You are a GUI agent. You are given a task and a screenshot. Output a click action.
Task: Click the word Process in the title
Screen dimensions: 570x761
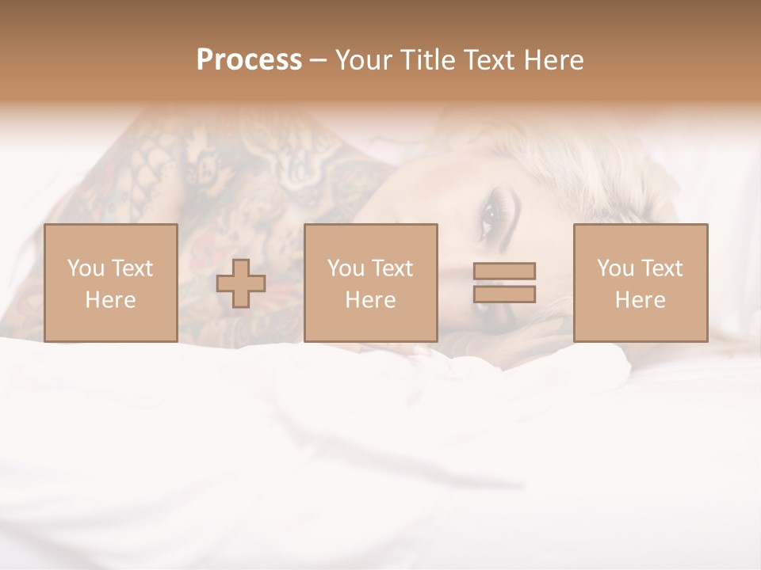(x=249, y=60)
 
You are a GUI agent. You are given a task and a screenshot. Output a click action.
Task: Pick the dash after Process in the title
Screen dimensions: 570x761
(x=318, y=61)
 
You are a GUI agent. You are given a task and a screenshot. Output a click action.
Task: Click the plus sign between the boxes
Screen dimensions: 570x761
(x=241, y=283)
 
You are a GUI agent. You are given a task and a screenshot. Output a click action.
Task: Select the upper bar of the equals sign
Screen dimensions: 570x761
(x=504, y=271)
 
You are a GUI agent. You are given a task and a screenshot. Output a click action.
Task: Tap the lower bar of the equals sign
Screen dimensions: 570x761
(x=504, y=294)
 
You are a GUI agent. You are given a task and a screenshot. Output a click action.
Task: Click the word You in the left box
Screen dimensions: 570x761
(x=86, y=268)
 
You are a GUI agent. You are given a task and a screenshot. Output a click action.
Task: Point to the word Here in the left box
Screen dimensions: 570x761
(x=110, y=300)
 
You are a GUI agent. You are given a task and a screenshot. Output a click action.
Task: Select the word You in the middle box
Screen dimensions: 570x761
(x=346, y=268)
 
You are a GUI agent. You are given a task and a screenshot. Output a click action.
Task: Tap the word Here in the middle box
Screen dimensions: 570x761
(x=370, y=300)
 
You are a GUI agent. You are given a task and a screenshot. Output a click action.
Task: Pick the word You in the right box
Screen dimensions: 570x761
(x=615, y=268)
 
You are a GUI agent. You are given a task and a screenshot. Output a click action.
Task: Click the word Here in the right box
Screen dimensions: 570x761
(x=640, y=300)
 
